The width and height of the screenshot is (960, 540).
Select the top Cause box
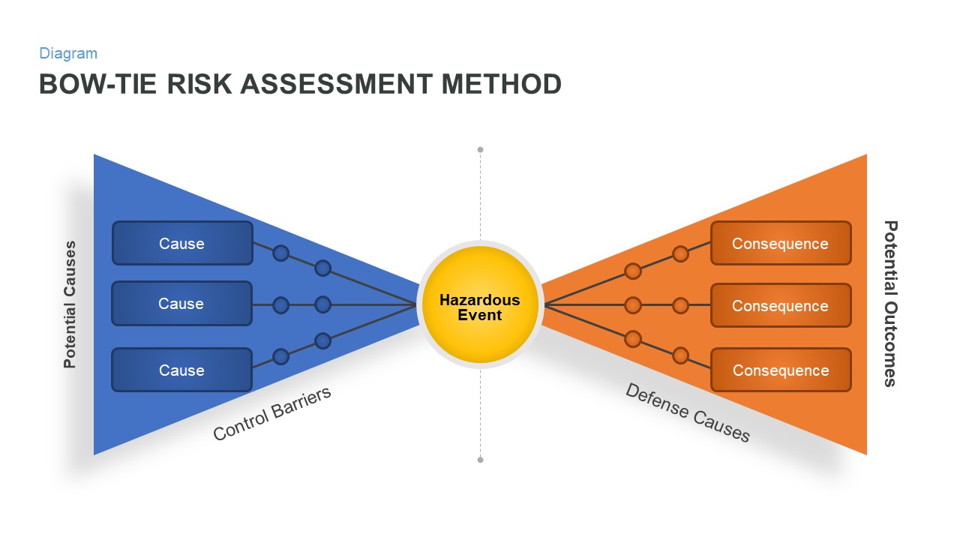182,243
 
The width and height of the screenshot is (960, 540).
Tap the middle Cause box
182,304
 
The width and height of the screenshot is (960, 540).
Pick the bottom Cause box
182,370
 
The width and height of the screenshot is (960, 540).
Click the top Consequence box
781,243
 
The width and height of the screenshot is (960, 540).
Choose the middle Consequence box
781,305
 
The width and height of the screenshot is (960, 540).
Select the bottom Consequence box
781,370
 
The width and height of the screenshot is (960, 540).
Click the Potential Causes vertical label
70,304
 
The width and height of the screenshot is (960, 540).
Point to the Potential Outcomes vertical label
890,303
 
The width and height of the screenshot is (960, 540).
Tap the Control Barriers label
272,414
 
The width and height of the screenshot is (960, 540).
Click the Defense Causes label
688,412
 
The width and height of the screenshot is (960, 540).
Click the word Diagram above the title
68,53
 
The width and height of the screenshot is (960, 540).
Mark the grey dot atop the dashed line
480,150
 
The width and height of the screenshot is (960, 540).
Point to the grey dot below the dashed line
480,459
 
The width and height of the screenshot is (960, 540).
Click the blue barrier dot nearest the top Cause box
280,253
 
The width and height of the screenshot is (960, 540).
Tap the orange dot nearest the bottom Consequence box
680,355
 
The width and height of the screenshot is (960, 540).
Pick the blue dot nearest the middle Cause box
280,304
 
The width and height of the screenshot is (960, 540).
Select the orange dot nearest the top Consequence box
680,253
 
